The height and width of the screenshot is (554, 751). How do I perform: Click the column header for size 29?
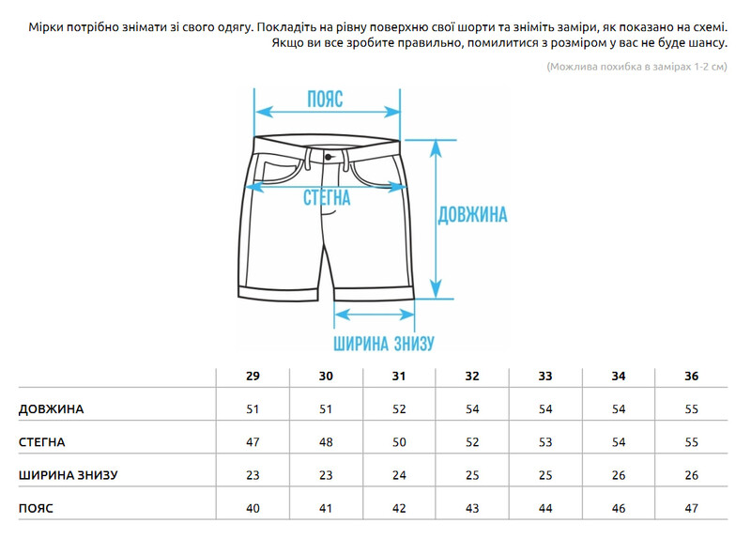[x=253, y=377]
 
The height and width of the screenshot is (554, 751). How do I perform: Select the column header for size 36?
[x=691, y=377]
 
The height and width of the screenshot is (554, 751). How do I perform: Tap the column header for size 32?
[x=472, y=377]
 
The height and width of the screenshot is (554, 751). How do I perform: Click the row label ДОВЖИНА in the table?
[x=52, y=409]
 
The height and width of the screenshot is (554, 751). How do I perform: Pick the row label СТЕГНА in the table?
[x=41, y=442]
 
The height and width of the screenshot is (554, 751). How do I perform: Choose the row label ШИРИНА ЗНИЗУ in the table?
[x=68, y=475]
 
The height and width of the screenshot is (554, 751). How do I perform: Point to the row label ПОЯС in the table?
[x=36, y=509]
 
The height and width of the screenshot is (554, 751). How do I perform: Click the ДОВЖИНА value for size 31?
[x=399, y=409]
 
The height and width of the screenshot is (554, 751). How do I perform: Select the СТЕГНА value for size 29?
[x=253, y=442]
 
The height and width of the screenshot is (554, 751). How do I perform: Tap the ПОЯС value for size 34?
[x=619, y=509]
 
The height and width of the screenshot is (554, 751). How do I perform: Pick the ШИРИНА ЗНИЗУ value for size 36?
[x=691, y=475]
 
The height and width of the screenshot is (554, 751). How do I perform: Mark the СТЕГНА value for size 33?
[x=545, y=442]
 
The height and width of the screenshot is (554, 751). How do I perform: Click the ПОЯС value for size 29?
[x=253, y=509]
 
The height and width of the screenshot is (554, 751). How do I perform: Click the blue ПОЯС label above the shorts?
[x=325, y=100]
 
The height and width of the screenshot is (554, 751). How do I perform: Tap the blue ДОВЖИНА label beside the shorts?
[x=472, y=215]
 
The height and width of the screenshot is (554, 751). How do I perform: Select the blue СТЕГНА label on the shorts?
[x=327, y=197]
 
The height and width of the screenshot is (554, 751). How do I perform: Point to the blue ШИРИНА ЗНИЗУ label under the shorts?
[x=384, y=343]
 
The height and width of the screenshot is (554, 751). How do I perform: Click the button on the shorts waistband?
[x=328, y=157]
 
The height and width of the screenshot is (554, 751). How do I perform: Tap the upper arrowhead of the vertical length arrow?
[x=436, y=148]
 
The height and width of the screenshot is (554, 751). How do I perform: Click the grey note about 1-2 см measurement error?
[x=637, y=67]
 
